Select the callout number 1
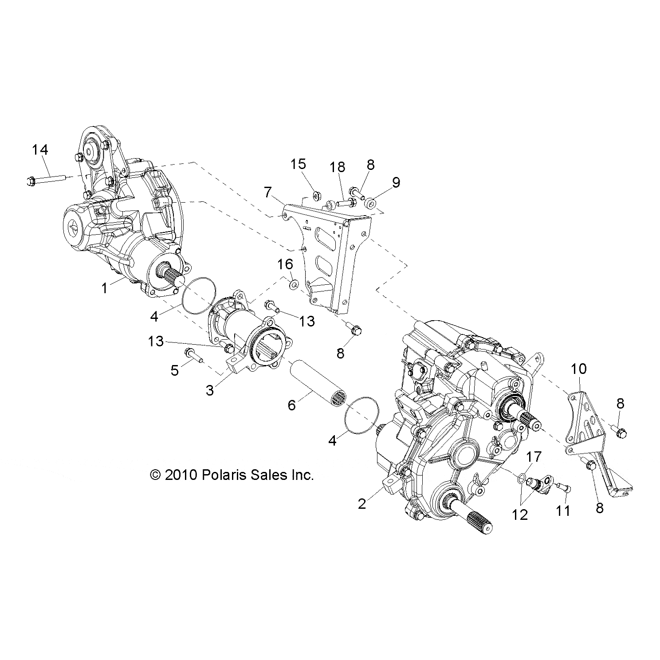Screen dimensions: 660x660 coord(104,289)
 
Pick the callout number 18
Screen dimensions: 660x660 coord(337,167)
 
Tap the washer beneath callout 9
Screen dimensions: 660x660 coord(371,203)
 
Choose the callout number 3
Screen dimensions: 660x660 coord(210,390)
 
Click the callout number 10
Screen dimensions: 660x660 coord(578,369)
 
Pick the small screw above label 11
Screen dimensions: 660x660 coord(565,488)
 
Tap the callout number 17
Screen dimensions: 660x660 coord(534,456)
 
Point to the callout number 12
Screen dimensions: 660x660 coord(520,515)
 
